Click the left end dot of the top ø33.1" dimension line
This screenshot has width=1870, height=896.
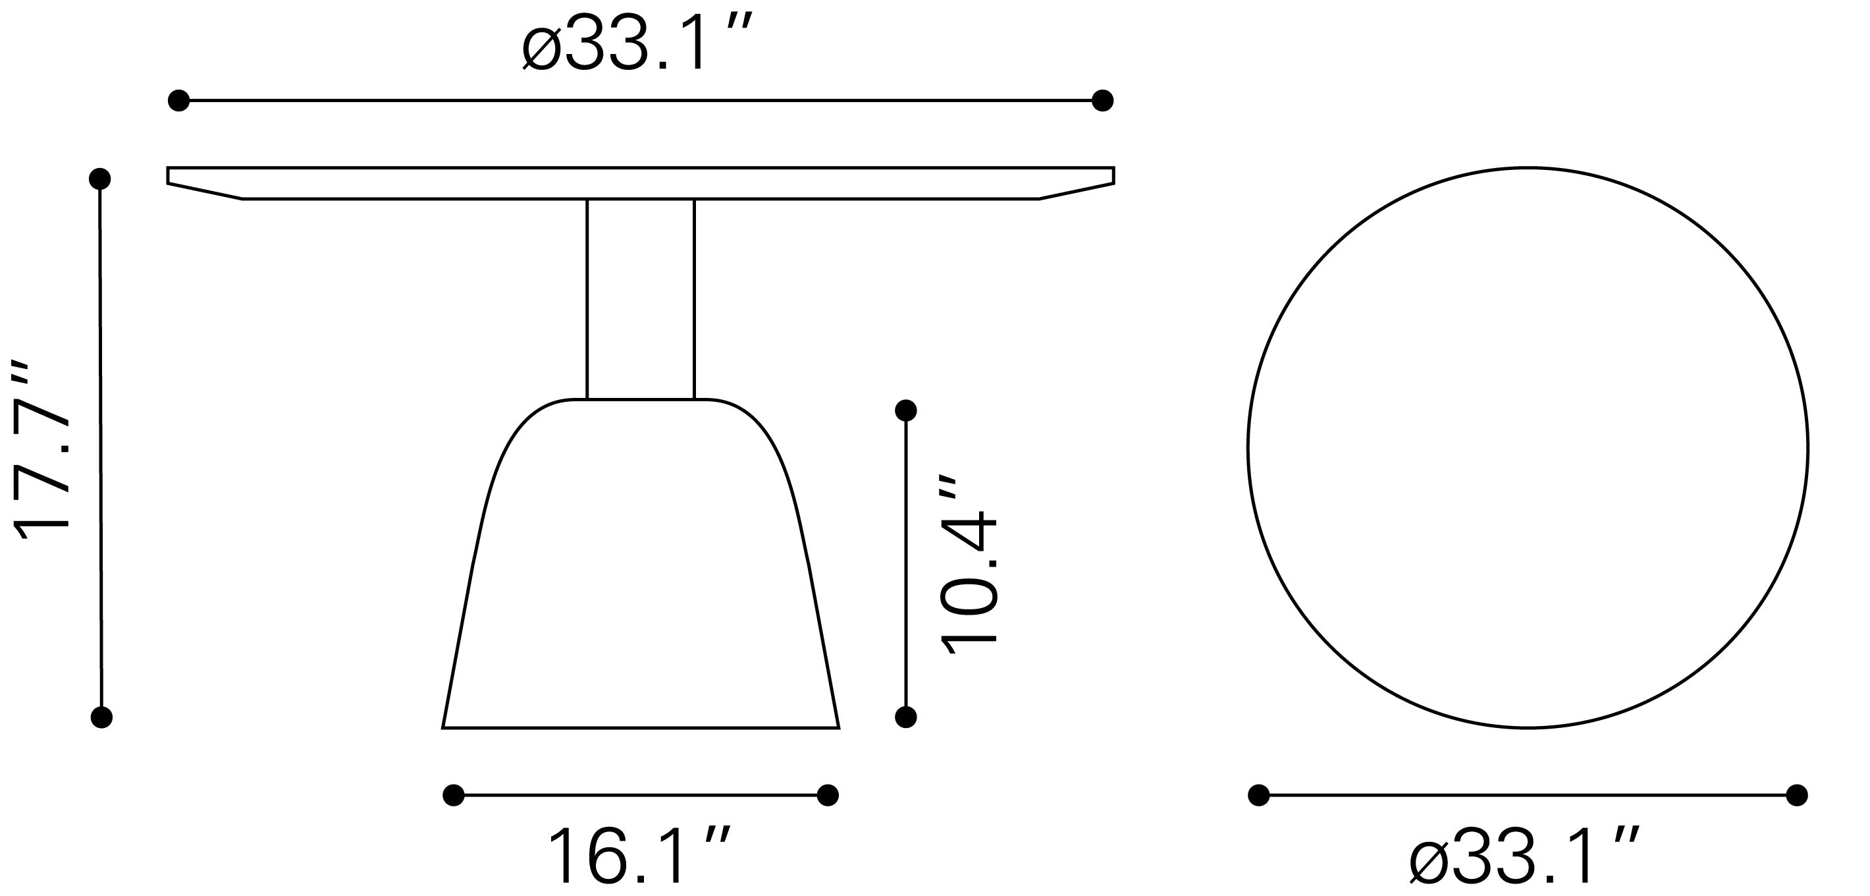pos(178,100)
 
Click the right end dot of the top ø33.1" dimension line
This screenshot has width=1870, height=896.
pos(1103,100)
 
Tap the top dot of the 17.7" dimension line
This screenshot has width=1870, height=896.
pos(99,178)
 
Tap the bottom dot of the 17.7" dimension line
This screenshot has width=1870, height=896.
pos(101,717)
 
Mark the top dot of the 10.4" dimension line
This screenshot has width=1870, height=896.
pos(906,411)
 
